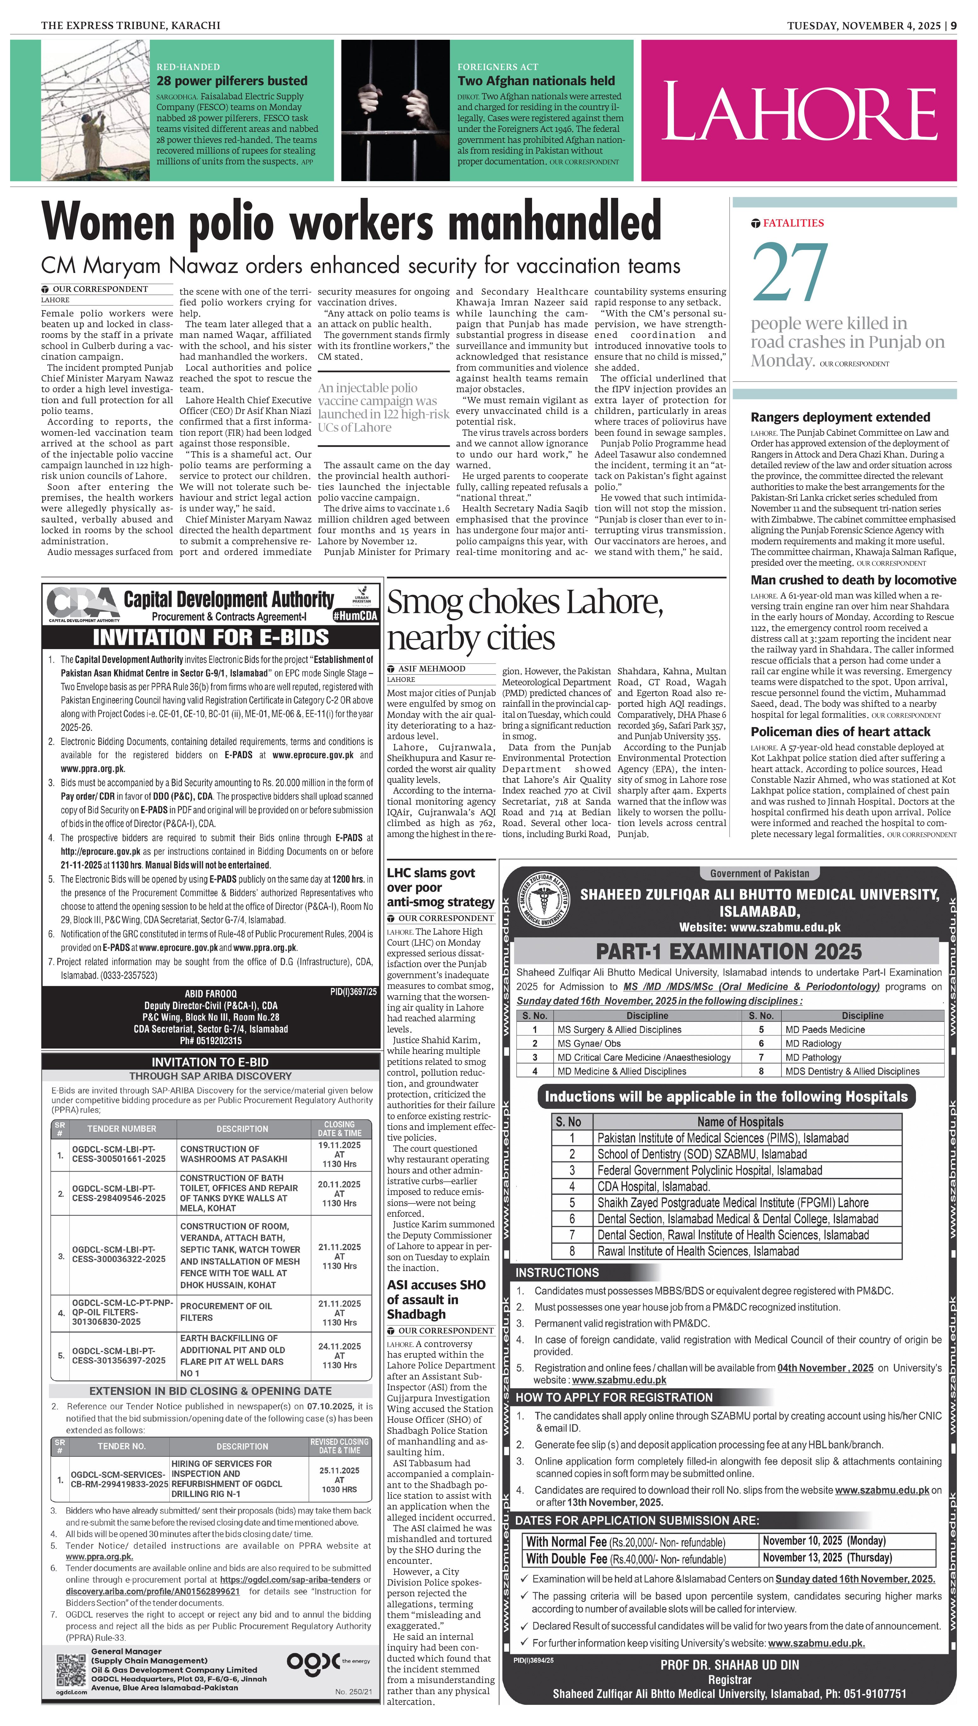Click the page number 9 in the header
pyautogui.click(x=953, y=26)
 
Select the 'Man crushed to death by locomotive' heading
pyautogui.click(x=853, y=580)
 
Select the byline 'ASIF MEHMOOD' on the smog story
pyautogui.click(x=431, y=669)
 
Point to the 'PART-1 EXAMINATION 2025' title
pyautogui.click(x=728, y=951)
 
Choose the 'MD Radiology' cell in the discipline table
pyautogui.click(x=813, y=1043)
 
